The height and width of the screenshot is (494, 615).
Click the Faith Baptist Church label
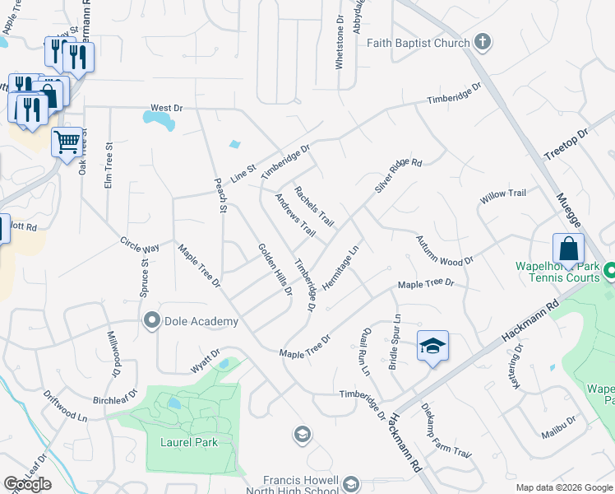click(418, 43)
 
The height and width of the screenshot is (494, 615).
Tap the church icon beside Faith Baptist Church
click(483, 42)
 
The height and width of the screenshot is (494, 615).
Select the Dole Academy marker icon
click(151, 321)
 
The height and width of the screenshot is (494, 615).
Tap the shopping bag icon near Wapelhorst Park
click(568, 248)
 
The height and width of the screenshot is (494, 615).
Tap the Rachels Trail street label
click(314, 206)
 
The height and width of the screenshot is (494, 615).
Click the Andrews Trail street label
click(295, 214)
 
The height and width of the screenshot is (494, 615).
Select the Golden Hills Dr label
click(275, 268)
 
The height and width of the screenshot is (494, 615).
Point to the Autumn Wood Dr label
click(444, 249)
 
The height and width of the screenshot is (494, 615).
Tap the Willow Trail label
click(502, 193)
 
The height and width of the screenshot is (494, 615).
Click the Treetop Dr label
click(566, 144)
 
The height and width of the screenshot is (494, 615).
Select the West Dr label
click(166, 108)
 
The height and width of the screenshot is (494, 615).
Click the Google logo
click(27, 484)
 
